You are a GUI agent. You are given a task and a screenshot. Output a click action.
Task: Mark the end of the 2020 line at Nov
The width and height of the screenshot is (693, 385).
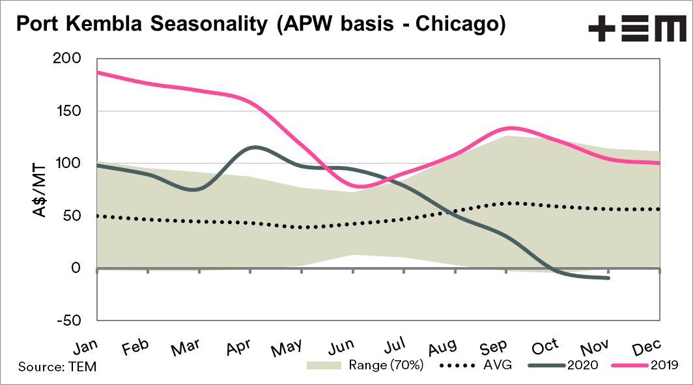[608, 278]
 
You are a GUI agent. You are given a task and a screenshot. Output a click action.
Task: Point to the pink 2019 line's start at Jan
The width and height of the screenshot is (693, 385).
[97, 72]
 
